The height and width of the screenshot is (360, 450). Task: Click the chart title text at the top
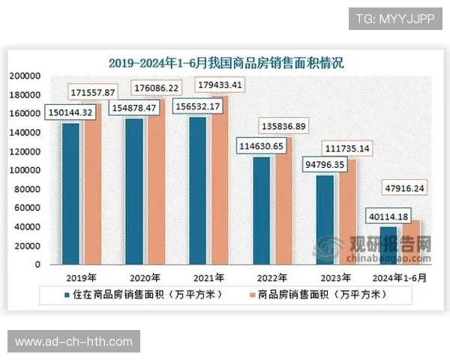coord(226,62)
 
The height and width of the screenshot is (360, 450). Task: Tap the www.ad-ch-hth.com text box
coord(74,342)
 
